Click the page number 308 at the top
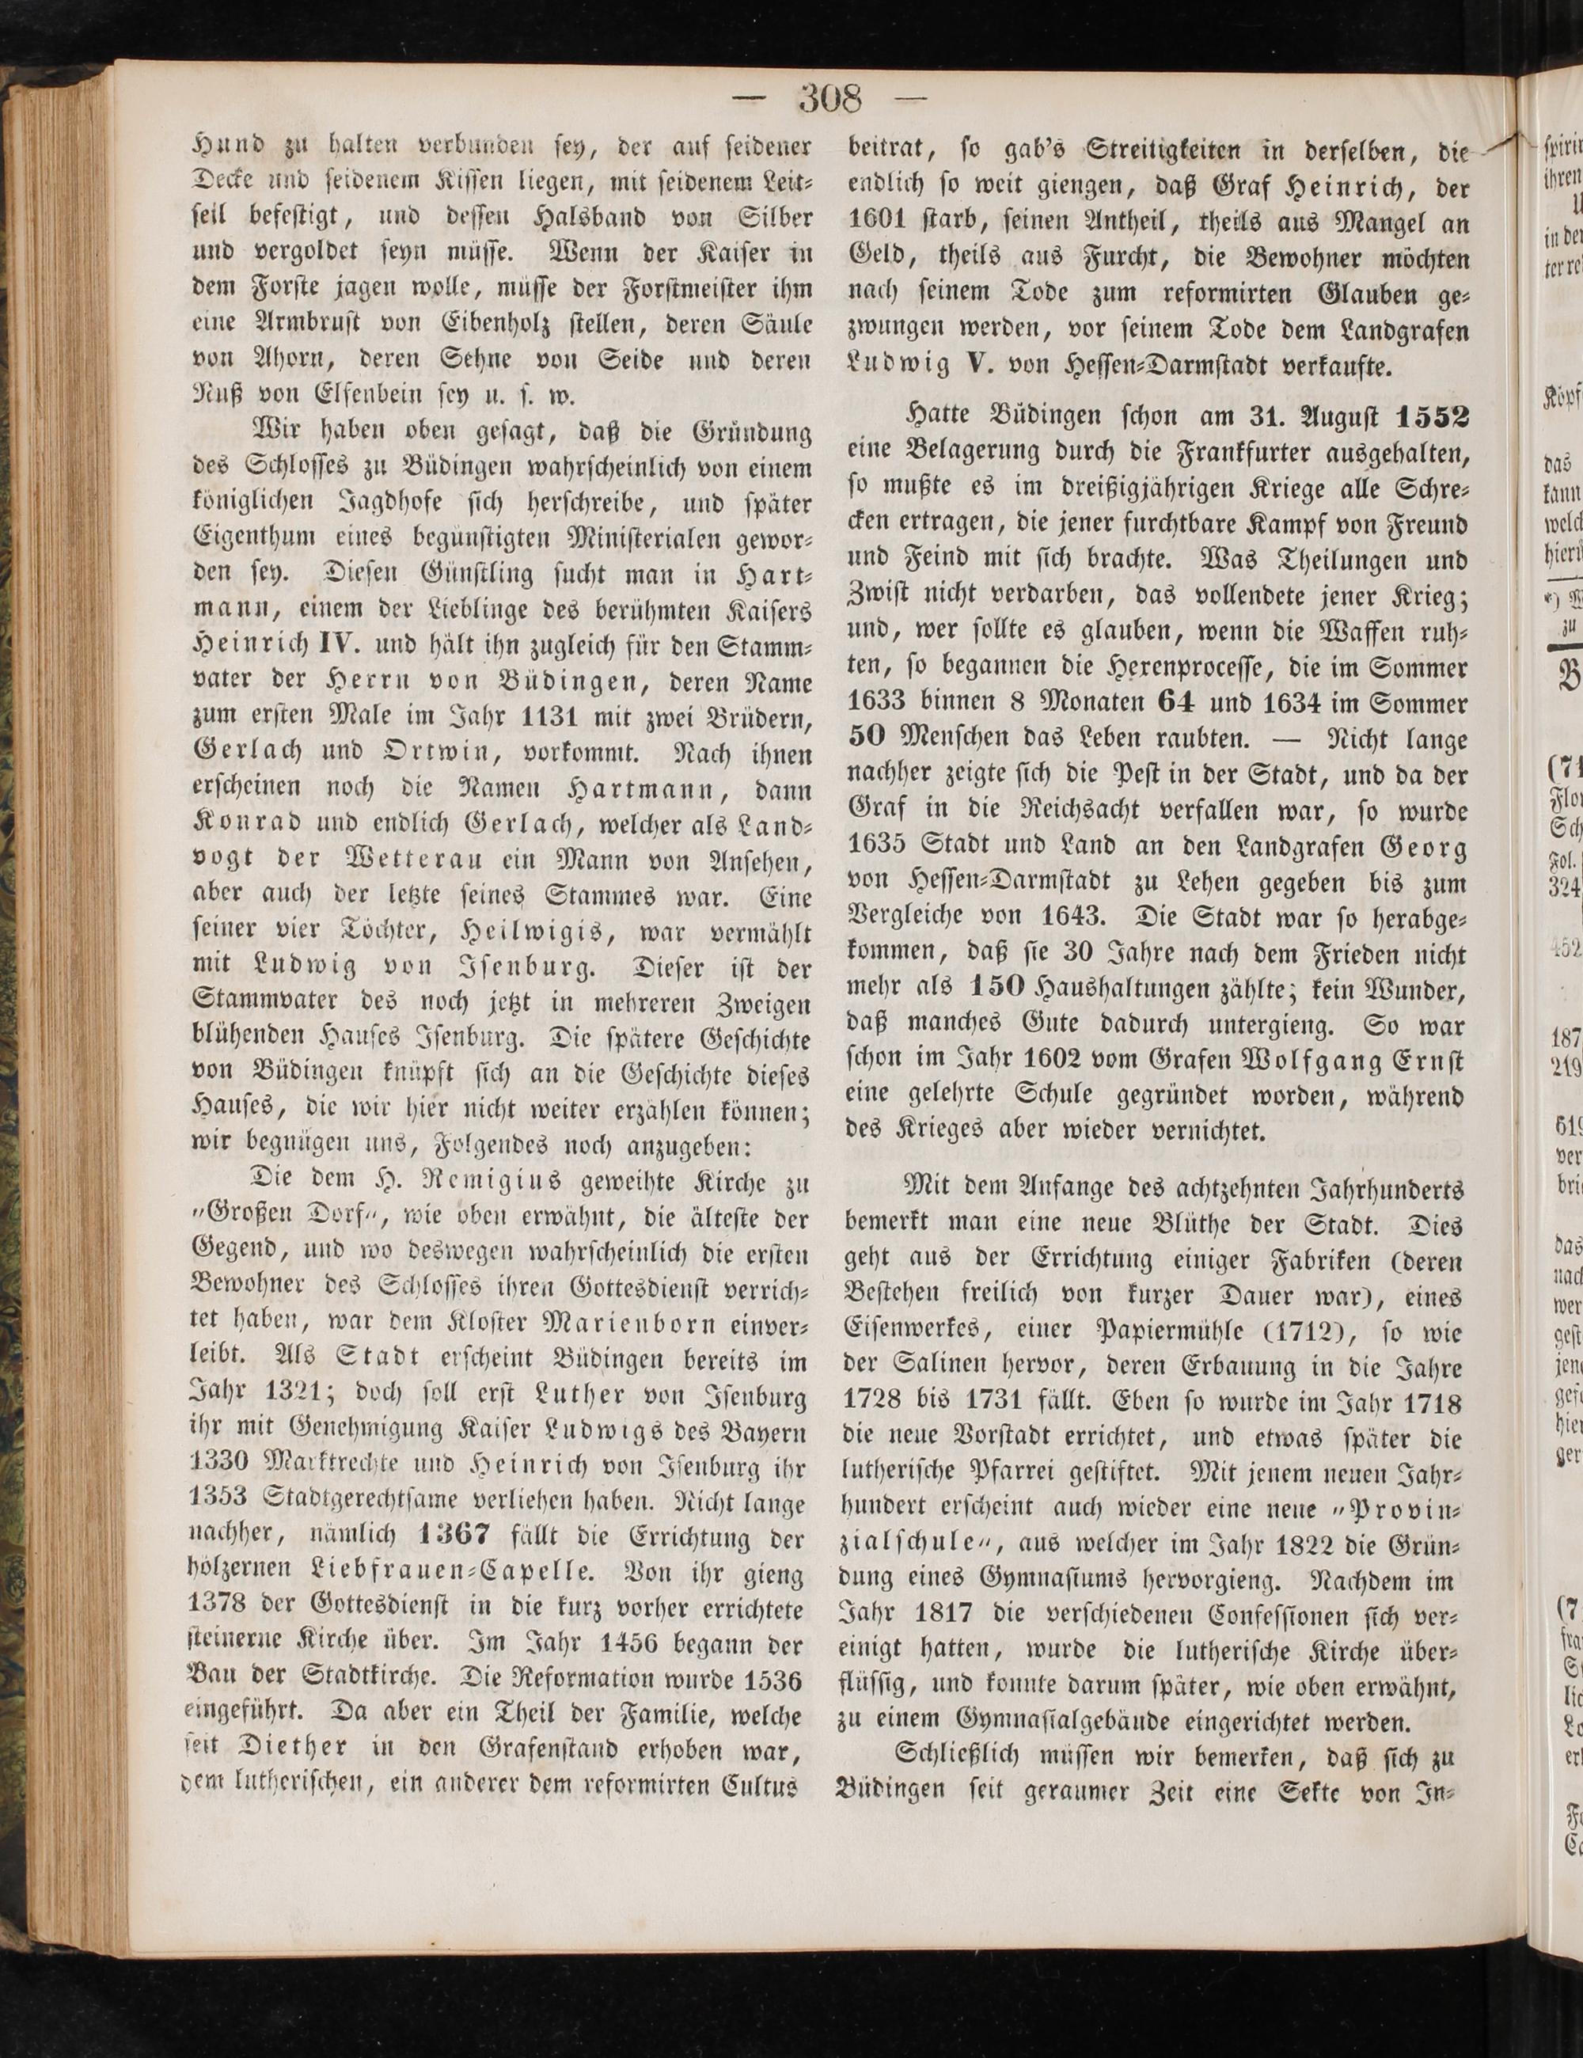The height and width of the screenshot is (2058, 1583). (830, 98)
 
